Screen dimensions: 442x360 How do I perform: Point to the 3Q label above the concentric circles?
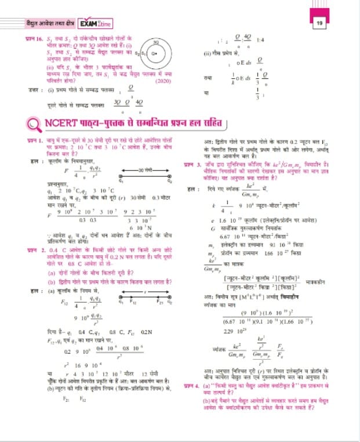(156, 42)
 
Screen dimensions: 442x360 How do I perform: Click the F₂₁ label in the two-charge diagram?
(158, 302)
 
